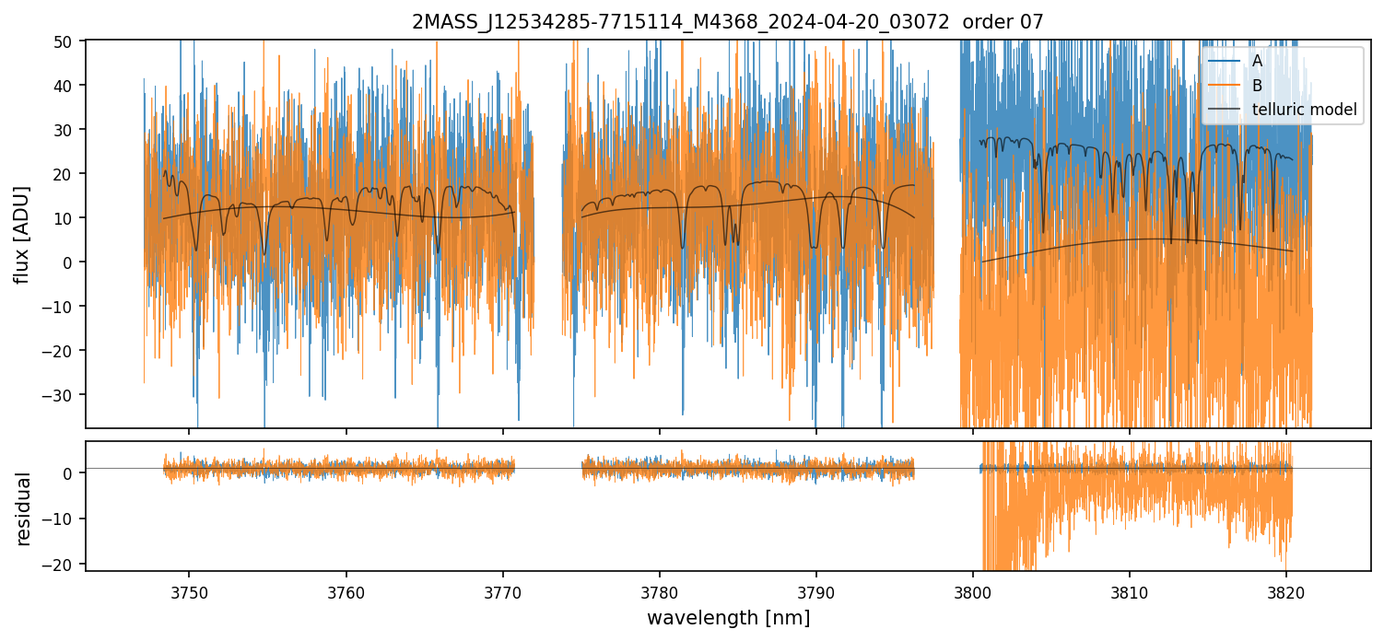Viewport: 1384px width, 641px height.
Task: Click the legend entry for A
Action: tap(1257, 61)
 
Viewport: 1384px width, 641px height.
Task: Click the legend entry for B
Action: tap(1257, 86)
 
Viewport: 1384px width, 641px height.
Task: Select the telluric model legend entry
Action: tap(1304, 110)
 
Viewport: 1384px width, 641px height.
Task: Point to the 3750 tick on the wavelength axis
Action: tap(190, 590)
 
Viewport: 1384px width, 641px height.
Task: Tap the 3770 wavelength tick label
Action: tap(503, 590)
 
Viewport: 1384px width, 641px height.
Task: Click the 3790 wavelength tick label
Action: tap(816, 590)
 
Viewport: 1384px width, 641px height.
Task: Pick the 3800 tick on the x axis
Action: tap(973, 590)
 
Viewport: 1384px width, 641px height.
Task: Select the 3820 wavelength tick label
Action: tap(1286, 590)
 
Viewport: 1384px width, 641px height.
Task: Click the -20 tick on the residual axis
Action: tap(66, 564)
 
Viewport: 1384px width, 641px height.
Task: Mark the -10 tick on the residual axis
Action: tap(66, 519)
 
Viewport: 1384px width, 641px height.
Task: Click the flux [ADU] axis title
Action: tap(23, 234)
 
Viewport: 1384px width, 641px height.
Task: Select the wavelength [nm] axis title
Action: tap(728, 617)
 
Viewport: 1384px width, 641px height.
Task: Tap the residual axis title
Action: tap(23, 508)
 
